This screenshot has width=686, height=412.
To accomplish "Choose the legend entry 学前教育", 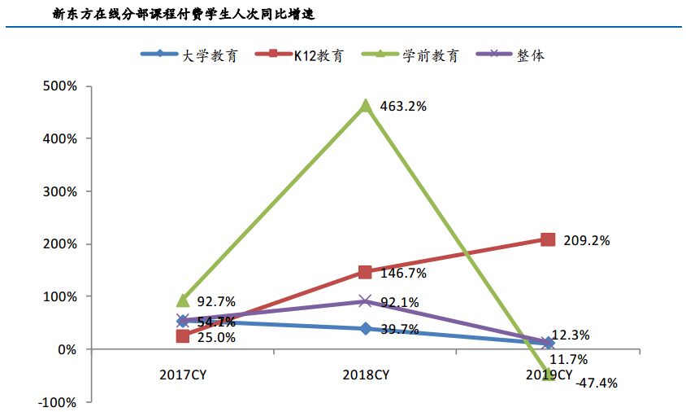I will (431, 55).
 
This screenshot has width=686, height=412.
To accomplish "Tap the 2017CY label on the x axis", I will (183, 375).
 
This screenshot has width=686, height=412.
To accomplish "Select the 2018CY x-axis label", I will (366, 375).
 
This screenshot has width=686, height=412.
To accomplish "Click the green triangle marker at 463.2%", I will (366, 106).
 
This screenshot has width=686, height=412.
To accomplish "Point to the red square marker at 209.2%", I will (548, 239).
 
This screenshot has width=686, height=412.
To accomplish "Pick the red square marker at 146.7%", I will (366, 272).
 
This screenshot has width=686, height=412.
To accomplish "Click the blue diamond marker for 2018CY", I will (366, 328).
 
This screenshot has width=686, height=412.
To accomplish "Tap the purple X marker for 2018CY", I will (366, 301).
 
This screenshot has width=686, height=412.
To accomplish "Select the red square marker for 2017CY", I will (183, 336).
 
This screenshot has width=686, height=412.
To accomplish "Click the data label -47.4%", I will (596, 382).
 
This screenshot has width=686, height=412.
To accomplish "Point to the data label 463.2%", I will (404, 107).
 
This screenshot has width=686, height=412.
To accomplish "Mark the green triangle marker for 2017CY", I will (183, 300).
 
